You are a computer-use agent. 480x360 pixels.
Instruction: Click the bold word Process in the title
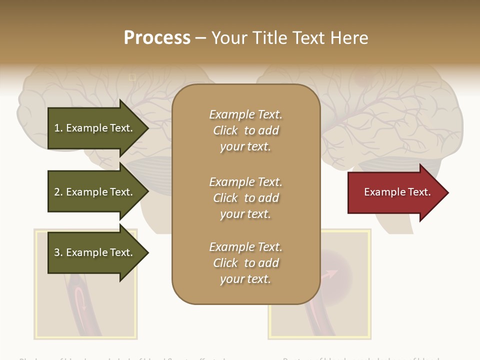157,38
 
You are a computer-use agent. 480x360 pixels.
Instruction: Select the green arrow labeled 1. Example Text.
94,128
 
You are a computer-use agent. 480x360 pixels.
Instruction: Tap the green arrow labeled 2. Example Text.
94,192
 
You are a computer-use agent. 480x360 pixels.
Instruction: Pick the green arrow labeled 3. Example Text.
94,252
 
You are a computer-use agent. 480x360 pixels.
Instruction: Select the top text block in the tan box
245,130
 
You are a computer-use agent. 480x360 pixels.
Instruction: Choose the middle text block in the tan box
245,198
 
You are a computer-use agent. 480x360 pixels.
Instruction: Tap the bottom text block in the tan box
245,263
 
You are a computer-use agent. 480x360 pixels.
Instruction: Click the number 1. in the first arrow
58,128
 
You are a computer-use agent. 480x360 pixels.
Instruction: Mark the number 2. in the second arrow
58,192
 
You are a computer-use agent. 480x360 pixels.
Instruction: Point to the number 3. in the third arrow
58,252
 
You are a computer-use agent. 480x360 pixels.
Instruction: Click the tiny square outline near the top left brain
132,77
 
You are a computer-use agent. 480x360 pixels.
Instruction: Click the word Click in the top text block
225,130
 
